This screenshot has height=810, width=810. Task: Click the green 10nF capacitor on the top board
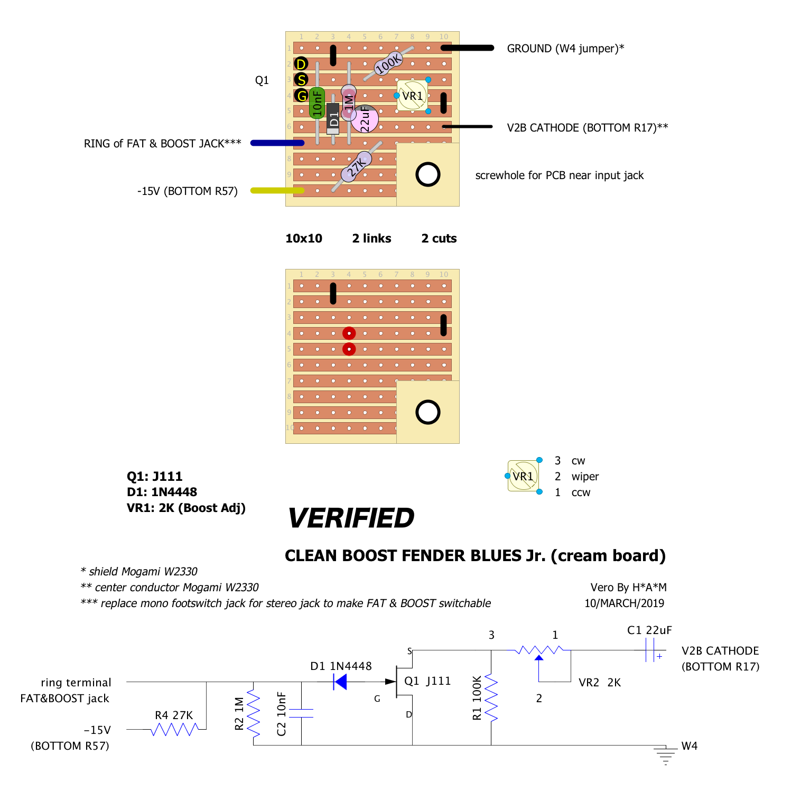click(316, 103)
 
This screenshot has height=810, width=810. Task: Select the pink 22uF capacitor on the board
click(365, 119)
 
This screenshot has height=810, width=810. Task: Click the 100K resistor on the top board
click(388, 63)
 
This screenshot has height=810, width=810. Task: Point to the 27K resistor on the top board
click(357, 166)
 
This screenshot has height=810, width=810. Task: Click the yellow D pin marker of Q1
click(301, 64)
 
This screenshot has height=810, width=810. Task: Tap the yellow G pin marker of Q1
click(301, 96)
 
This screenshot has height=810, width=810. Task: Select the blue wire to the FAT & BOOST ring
click(277, 143)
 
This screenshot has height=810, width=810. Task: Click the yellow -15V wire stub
click(277, 190)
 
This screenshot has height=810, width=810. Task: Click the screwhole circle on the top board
click(427, 174)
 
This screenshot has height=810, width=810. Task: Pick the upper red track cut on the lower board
click(349, 333)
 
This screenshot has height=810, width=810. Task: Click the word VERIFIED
click(351, 518)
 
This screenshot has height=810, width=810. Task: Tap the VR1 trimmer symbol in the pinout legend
click(523, 476)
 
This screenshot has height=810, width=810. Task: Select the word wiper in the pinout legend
click(585, 477)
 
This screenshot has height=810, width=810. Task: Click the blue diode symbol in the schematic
click(341, 682)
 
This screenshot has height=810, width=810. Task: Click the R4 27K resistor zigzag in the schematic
click(174, 730)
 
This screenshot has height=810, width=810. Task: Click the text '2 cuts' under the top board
click(439, 238)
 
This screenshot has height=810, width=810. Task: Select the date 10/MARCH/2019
click(624, 603)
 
